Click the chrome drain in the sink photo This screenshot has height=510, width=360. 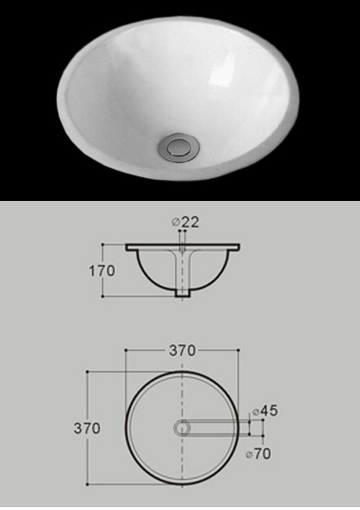pos(179,146)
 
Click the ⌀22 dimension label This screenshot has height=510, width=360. pos(185,222)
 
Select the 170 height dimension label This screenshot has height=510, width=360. pos(101,270)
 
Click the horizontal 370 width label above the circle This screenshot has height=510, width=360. pos(182,351)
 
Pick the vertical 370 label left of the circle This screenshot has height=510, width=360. pos(87,428)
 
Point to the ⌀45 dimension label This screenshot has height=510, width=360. pos(265,410)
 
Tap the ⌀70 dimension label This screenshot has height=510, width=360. pos(259,453)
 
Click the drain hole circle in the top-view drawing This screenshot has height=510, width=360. pos(182,428)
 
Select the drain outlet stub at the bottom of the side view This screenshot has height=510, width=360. pos(182,292)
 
